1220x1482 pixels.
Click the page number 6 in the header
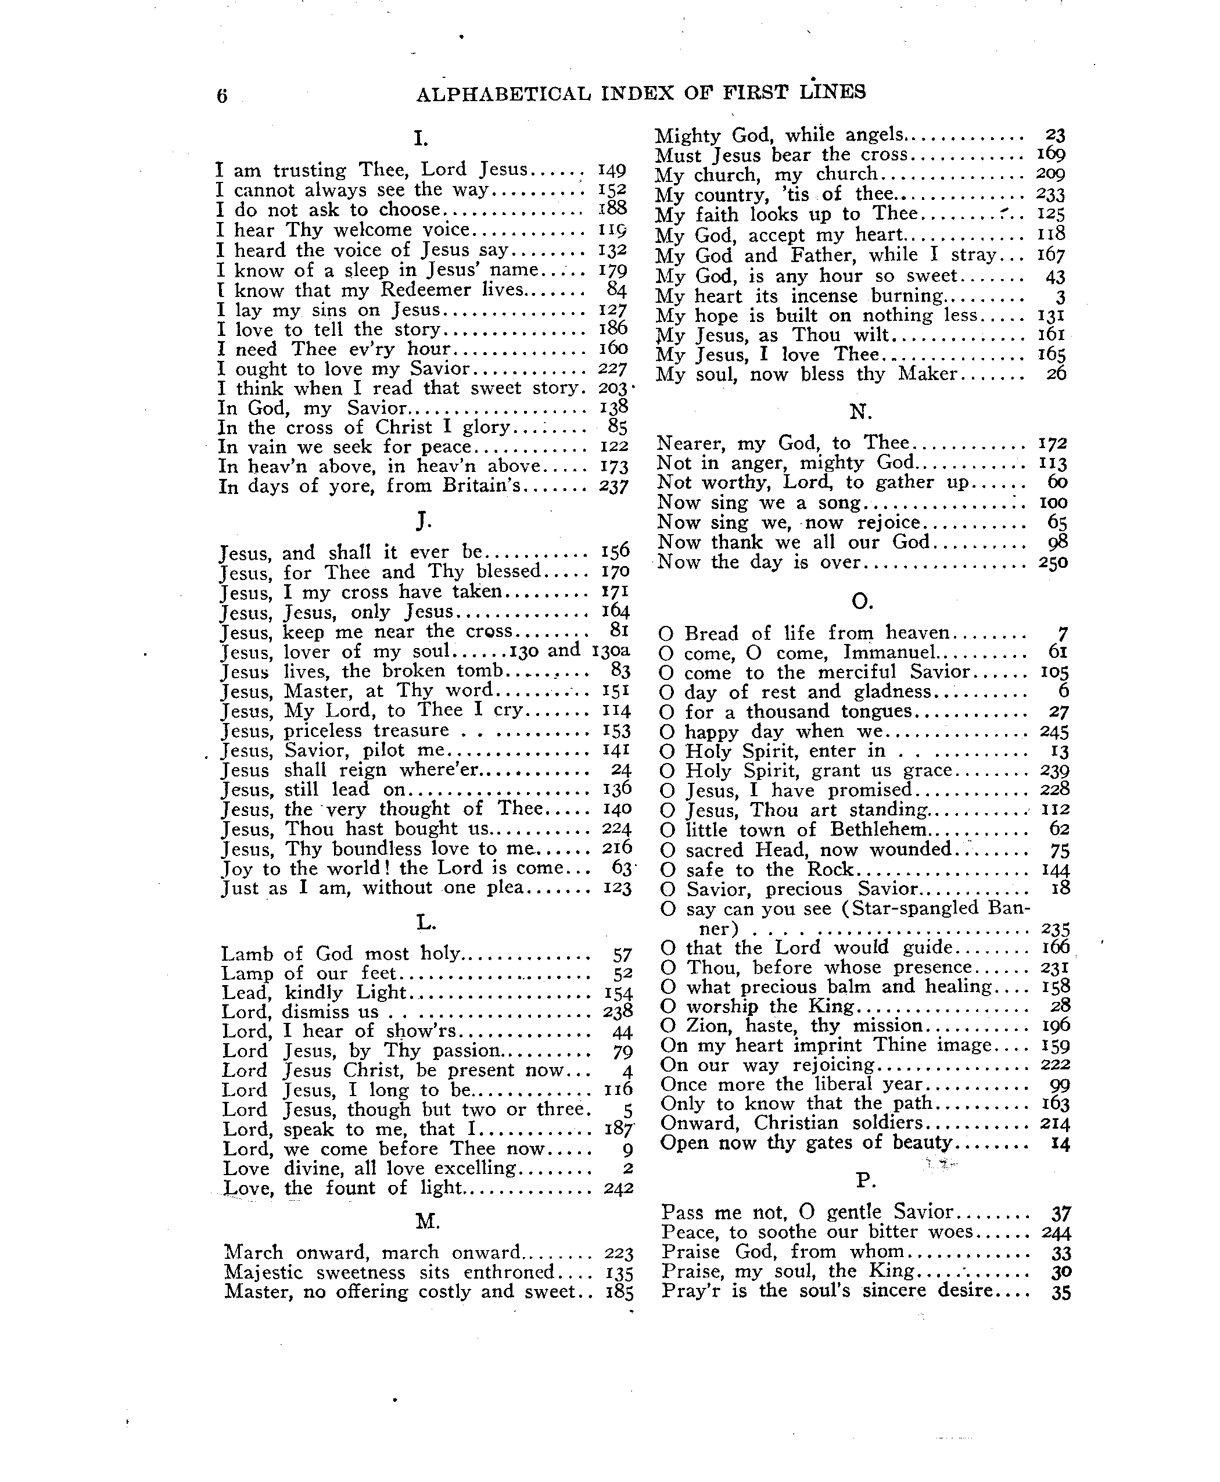coord(222,96)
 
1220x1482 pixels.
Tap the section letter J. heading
coord(422,520)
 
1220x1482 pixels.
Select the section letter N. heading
coord(860,411)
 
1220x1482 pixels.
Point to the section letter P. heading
coord(864,1180)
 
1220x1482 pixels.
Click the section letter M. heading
coord(427,1222)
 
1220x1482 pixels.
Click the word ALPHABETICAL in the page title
coord(503,94)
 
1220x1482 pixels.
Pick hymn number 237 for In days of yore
coord(613,486)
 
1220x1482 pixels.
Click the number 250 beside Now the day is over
coord(1053,563)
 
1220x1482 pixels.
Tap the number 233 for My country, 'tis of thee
coord(1050,195)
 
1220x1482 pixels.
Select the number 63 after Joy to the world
coord(621,868)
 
